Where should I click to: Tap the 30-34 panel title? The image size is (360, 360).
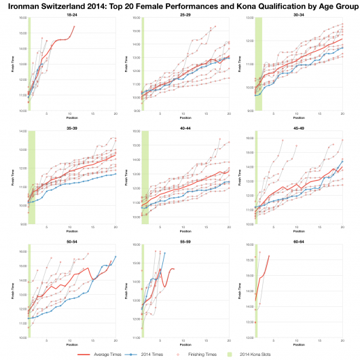click(x=298, y=12)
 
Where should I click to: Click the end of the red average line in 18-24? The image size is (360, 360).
click(x=74, y=26)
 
